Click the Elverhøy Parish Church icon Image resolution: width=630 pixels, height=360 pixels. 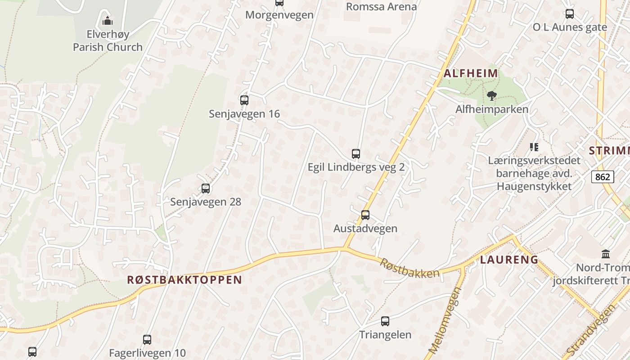[107, 21]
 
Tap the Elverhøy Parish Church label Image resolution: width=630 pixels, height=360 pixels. [108, 40]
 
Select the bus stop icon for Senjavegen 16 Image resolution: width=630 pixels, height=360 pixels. [244, 100]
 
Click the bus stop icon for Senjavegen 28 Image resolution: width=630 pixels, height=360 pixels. [206, 189]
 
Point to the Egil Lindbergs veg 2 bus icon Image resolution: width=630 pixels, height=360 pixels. [356, 154]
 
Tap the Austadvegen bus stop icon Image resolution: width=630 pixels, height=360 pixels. [365, 215]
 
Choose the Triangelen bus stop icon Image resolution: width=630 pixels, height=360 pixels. [385, 321]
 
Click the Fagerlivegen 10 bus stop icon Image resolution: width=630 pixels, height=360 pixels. [147, 340]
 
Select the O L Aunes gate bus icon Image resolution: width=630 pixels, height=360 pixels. [570, 14]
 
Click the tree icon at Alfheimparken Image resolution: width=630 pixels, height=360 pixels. [492, 95]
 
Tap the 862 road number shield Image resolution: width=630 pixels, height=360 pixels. [603, 177]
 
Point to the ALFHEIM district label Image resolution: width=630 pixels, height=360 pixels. [471, 73]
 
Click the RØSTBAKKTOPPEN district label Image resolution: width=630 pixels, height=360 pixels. [184, 279]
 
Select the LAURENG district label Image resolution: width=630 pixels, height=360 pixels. [509, 259]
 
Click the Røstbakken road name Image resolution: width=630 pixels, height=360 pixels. [409, 268]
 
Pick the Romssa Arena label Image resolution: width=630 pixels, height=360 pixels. [381, 7]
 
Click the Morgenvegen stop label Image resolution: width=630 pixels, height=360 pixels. [279, 15]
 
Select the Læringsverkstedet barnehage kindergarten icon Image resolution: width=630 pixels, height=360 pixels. [534, 147]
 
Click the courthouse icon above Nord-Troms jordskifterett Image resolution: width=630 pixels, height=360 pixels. [606, 254]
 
